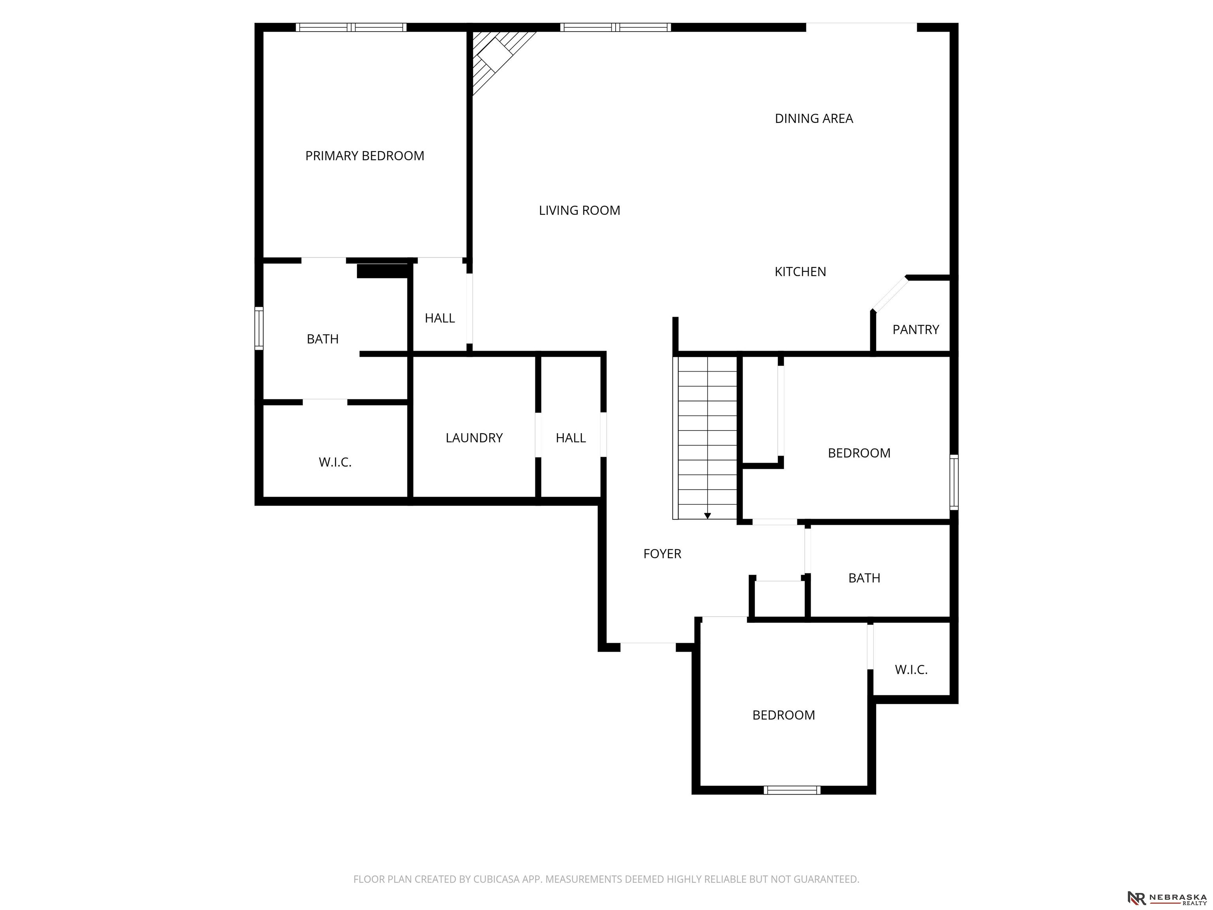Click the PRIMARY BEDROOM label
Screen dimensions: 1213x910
click(x=365, y=156)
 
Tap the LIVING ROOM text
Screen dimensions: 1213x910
click(x=580, y=210)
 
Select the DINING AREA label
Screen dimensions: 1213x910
click(x=814, y=118)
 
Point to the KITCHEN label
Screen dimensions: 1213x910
click(x=800, y=271)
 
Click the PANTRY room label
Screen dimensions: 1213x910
click(x=916, y=330)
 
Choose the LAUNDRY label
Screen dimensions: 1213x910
click(x=474, y=438)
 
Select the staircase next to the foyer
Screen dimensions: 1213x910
click(x=705, y=438)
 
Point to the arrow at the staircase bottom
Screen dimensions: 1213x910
click(x=708, y=515)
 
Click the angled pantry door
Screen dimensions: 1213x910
click(x=890, y=295)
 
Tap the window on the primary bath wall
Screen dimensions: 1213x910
click(x=259, y=329)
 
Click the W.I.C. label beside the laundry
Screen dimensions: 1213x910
click(x=335, y=463)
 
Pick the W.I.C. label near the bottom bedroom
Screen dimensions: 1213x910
click(x=911, y=670)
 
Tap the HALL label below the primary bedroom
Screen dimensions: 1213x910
click(x=440, y=318)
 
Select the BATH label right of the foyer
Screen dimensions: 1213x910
click(x=864, y=578)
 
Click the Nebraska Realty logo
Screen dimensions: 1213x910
click(x=1167, y=898)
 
